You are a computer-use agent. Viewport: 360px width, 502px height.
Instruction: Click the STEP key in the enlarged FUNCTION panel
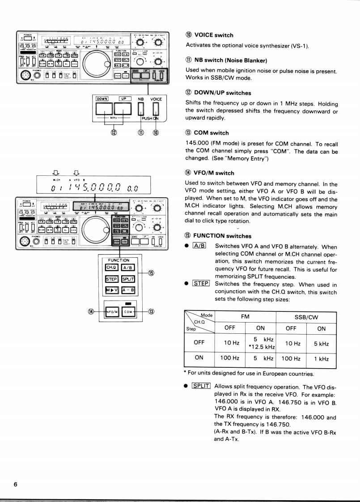[x=111, y=278]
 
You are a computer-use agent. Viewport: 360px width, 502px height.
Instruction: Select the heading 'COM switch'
[x=207, y=133]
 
